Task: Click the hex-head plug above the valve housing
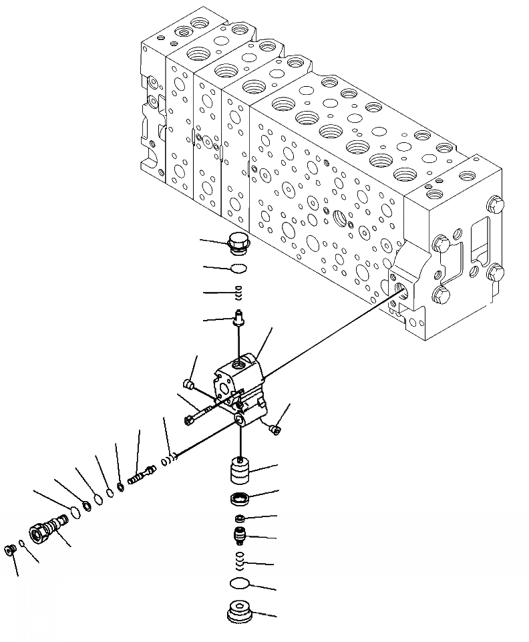click(238, 244)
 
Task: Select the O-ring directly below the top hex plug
click(238, 269)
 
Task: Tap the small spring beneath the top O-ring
click(238, 292)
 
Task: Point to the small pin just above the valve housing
click(238, 319)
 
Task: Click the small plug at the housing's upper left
click(188, 384)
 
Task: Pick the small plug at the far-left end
click(10, 549)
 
